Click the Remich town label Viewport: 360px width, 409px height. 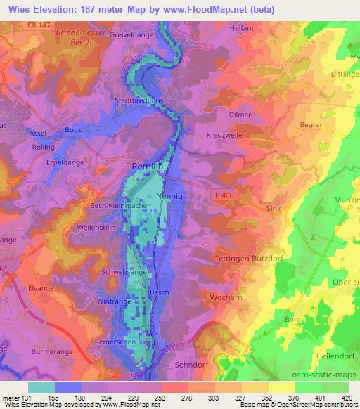click(148, 166)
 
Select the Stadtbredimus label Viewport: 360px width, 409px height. click(139, 101)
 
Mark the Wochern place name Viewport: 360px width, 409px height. click(227, 298)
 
